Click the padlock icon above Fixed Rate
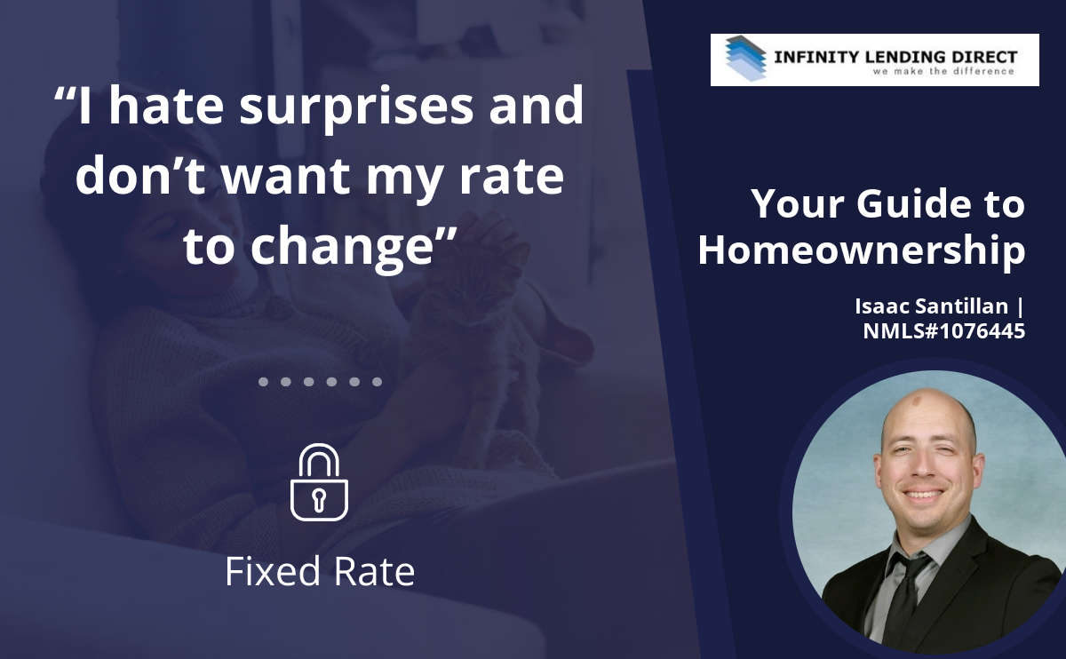pyautogui.click(x=319, y=482)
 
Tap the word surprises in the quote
pyautogui.click(x=356, y=107)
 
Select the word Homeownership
pyautogui.click(x=862, y=250)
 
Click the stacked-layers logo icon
pyautogui.click(x=745, y=59)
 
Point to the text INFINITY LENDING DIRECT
pyautogui.click(x=895, y=57)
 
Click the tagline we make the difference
pyautogui.click(x=943, y=71)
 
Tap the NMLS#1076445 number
pyautogui.click(x=944, y=331)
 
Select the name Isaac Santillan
pyautogui.click(x=931, y=306)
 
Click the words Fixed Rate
pyautogui.click(x=320, y=571)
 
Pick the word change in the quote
pyautogui.click(x=342, y=249)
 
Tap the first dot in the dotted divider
pyautogui.click(x=263, y=382)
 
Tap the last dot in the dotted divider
pyautogui.click(x=377, y=382)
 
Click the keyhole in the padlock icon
pyautogui.click(x=319, y=500)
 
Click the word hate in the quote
pyautogui.click(x=166, y=105)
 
